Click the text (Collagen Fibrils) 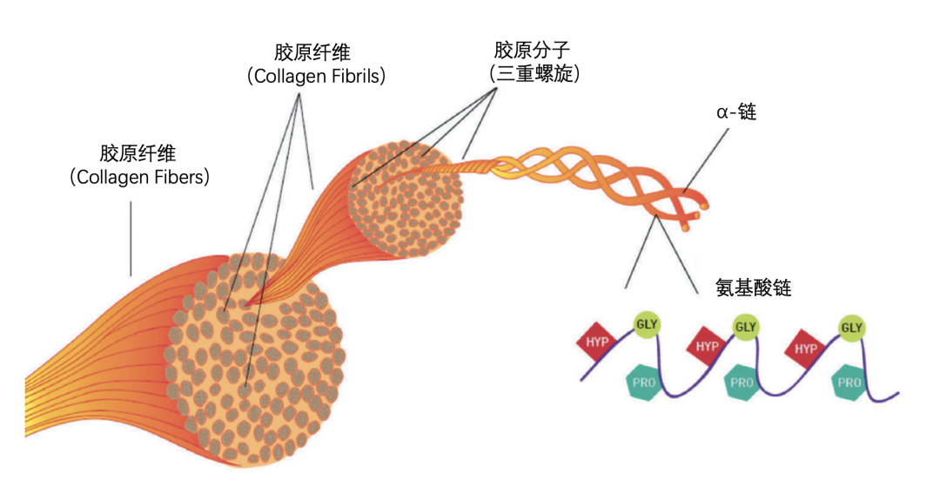click(x=316, y=76)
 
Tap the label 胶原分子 click(x=531, y=48)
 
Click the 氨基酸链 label click(x=753, y=288)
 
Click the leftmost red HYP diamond click(x=598, y=343)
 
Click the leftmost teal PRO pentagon click(x=644, y=383)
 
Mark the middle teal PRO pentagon click(x=742, y=383)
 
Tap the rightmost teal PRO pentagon click(x=849, y=383)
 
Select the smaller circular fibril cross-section click(x=405, y=198)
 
